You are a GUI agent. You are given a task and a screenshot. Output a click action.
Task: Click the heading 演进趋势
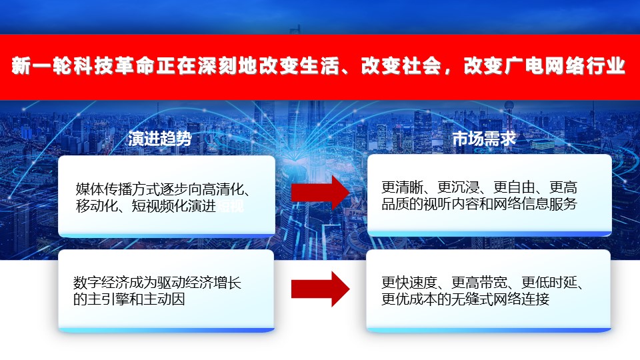(x=159, y=139)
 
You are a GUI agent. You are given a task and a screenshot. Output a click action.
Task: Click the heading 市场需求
(x=484, y=139)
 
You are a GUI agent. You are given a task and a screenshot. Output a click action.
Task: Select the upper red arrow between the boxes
(x=321, y=193)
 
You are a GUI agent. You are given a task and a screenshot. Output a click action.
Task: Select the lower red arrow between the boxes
(x=321, y=289)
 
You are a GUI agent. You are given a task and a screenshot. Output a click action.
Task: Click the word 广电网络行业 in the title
(x=565, y=66)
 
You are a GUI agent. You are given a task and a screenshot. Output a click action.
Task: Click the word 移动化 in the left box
(x=97, y=206)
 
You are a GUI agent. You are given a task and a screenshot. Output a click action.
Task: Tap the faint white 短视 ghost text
(x=230, y=206)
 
